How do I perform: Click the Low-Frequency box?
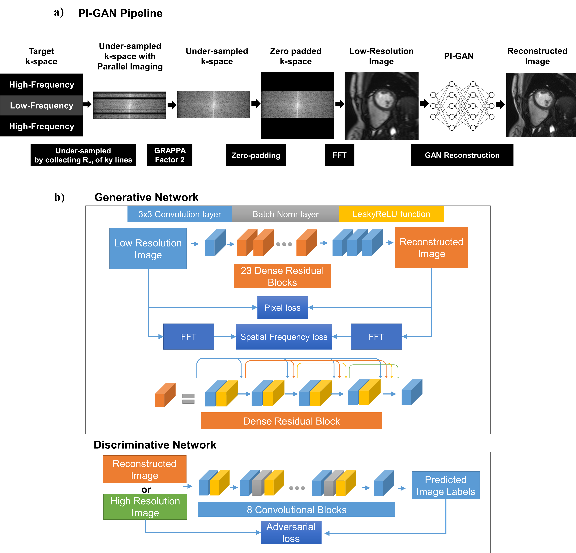pyautogui.click(x=41, y=105)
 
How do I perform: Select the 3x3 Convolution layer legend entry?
pyautogui.click(x=180, y=214)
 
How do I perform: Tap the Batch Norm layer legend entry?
pyautogui.click(x=285, y=214)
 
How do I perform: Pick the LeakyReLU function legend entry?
pyautogui.click(x=391, y=214)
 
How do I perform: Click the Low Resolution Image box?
pyautogui.click(x=148, y=249)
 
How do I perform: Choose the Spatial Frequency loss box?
pyautogui.click(x=284, y=336)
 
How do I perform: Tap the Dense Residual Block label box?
pyautogui.click(x=291, y=421)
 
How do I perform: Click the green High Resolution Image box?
pyautogui.click(x=145, y=507)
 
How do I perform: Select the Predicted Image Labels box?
pyautogui.click(x=446, y=485)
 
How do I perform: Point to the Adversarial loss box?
pyautogui.click(x=291, y=532)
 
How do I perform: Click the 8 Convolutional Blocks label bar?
pyautogui.click(x=297, y=510)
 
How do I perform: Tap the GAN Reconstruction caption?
pyautogui.click(x=462, y=155)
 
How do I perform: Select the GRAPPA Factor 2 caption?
pyautogui.click(x=170, y=155)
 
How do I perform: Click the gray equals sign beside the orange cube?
pyautogui.click(x=188, y=398)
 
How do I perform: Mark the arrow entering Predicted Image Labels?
pyautogui.click(x=402, y=488)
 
